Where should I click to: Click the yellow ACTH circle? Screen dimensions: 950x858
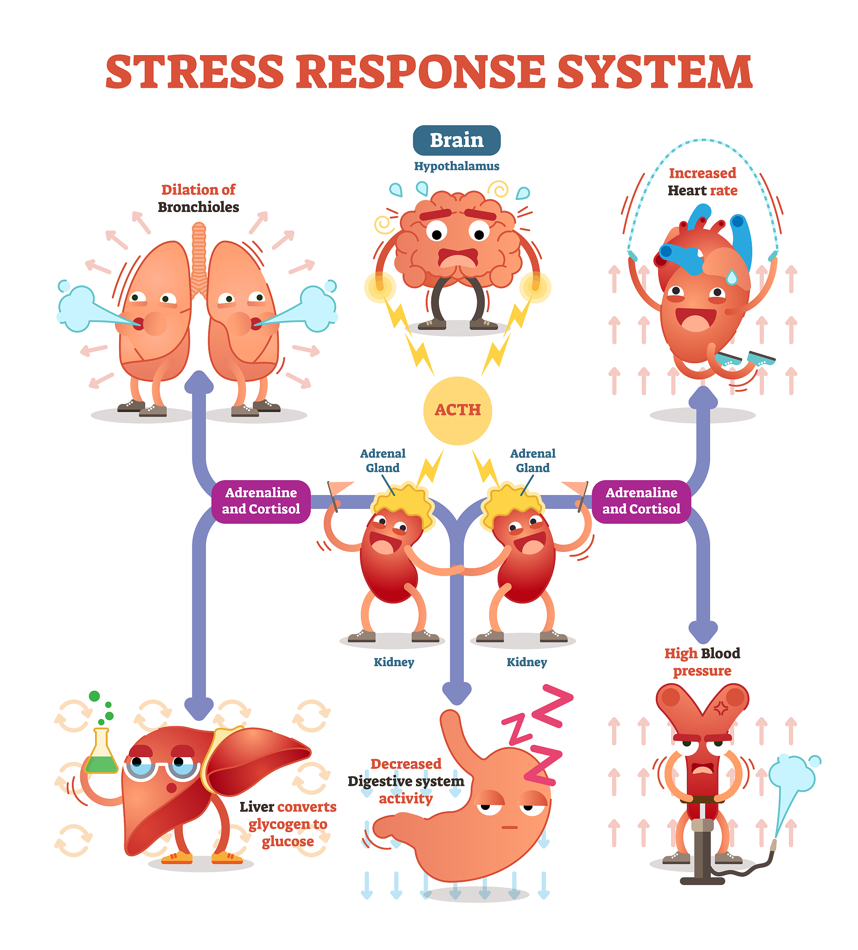457,411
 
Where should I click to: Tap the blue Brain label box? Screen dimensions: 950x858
456,141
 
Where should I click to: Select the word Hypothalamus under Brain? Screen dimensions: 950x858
456,167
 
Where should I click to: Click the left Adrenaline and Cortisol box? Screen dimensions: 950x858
261,501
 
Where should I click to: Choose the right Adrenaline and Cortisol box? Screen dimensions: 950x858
641,501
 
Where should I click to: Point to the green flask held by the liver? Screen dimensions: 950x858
101,754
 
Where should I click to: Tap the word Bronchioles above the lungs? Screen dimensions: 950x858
198,207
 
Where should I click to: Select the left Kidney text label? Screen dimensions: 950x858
393,662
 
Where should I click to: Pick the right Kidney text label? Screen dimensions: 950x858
526,662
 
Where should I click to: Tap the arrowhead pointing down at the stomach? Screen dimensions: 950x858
456,693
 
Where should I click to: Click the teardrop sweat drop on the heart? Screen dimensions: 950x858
731,277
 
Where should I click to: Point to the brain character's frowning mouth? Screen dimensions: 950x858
457,258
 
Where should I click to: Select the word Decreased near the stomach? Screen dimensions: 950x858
406,764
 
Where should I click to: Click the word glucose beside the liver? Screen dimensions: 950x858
288,841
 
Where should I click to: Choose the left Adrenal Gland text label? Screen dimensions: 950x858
383,461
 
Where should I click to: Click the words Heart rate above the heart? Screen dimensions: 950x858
702,191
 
